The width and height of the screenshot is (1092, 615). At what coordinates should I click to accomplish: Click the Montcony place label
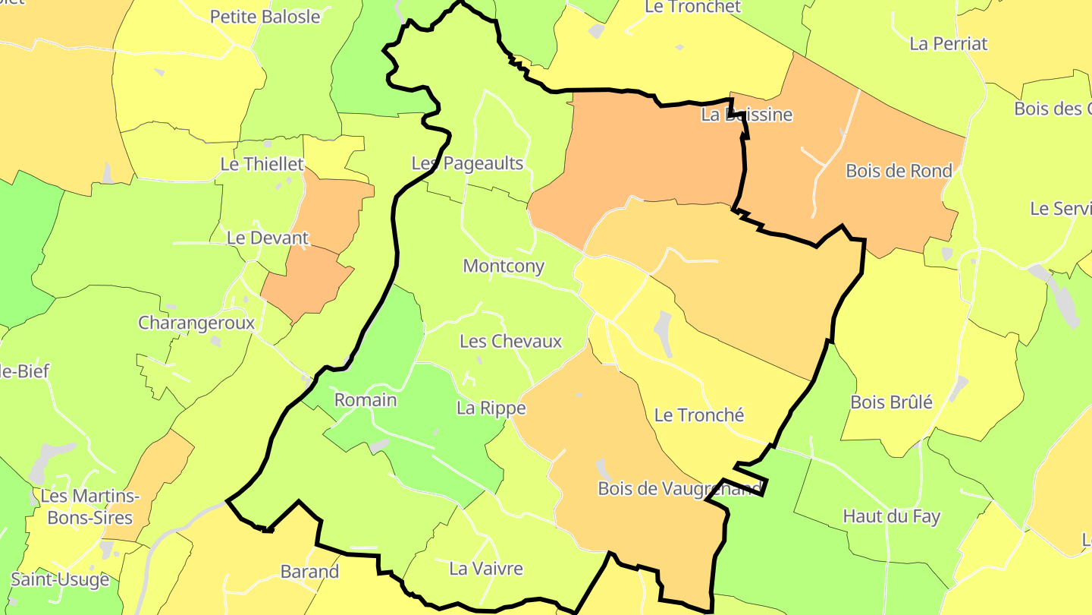[x=504, y=266]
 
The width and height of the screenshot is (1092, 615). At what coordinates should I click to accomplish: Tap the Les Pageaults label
[x=467, y=163]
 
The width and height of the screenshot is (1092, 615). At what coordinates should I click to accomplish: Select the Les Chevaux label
[x=510, y=342]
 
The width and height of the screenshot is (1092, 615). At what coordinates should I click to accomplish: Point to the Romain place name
[x=366, y=400]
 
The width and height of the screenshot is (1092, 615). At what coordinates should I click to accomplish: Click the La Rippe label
[x=491, y=408]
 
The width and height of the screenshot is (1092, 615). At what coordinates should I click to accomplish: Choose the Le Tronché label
[x=698, y=415]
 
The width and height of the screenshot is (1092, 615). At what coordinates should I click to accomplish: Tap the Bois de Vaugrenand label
[x=679, y=488]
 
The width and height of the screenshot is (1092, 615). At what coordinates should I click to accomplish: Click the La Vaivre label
[x=486, y=568]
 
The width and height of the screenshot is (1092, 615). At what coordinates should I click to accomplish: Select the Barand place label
[x=309, y=572]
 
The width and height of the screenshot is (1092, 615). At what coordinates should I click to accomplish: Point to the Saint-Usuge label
[x=60, y=580]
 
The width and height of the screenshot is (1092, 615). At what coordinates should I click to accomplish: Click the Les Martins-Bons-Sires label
[x=89, y=507]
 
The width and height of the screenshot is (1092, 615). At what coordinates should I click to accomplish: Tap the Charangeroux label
[x=196, y=323]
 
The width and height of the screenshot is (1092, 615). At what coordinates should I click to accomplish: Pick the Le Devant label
[x=268, y=238]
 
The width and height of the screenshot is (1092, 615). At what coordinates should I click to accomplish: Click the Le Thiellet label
[x=262, y=164]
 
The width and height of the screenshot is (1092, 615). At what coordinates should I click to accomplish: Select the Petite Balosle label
[x=265, y=17]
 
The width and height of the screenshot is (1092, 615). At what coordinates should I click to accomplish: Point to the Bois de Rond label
[x=899, y=171]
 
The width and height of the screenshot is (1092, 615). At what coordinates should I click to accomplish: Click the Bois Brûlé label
[x=891, y=402]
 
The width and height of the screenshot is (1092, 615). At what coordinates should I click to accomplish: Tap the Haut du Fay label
[x=891, y=517]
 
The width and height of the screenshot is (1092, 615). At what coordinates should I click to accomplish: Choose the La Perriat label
[x=948, y=43]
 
